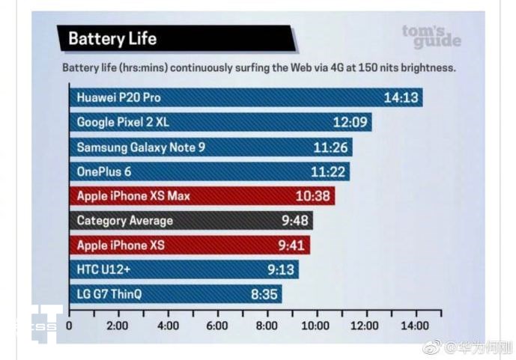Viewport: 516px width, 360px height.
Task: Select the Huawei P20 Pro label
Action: [x=118, y=97]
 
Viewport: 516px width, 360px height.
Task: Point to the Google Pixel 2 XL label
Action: [x=123, y=121]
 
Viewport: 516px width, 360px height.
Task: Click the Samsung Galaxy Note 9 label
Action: [x=141, y=147]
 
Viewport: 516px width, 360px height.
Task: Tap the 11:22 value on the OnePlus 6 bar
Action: [x=328, y=172]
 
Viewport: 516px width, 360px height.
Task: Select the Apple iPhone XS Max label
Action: [x=133, y=196]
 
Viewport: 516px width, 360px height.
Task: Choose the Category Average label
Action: [x=125, y=221]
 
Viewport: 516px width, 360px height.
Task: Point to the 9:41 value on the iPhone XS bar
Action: [x=291, y=245]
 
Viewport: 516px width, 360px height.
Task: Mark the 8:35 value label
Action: [x=264, y=294]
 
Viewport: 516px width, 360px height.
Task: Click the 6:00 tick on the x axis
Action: [x=217, y=326]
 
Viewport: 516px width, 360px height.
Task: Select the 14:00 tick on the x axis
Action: [x=414, y=326]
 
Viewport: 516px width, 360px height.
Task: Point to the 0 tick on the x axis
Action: [x=69, y=326]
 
